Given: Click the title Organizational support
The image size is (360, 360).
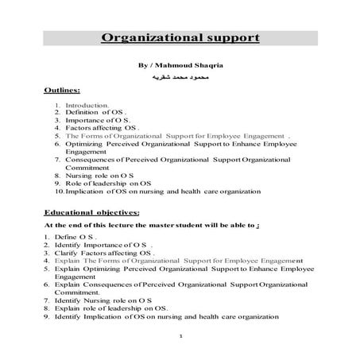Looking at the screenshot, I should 179,38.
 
